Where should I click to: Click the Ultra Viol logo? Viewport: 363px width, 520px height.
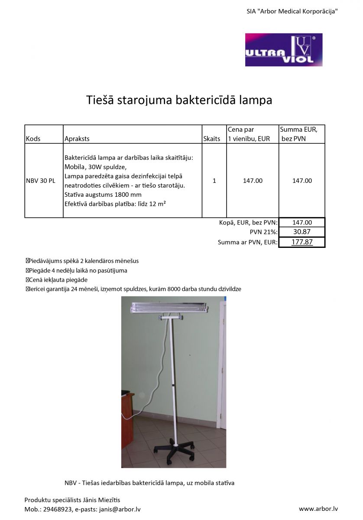click(284, 50)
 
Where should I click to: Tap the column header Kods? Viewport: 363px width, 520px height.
click(33, 139)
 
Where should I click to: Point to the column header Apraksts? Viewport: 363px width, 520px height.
click(77, 139)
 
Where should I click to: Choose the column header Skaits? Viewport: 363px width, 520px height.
click(211, 139)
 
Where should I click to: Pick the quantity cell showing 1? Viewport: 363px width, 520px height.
click(214, 181)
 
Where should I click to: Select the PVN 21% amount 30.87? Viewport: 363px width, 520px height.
click(302, 232)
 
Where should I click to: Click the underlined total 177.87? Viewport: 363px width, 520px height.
click(302, 242)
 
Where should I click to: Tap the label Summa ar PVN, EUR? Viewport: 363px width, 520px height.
click(247, 243)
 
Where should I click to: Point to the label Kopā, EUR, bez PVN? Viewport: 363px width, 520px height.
click(248, 223)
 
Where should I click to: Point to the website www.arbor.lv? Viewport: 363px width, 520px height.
click(318, 509)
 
